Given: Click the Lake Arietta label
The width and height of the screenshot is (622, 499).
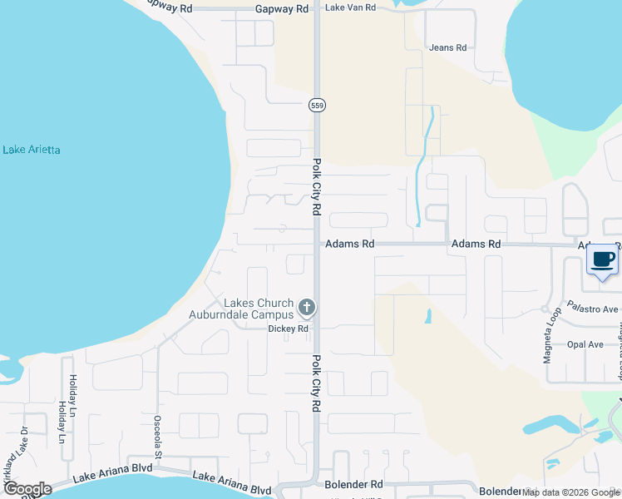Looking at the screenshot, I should click(x=32, y=150).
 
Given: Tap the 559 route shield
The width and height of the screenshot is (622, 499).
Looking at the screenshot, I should click(x=316, y=106).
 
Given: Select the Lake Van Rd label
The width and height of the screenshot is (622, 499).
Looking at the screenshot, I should click(x=350, y=7).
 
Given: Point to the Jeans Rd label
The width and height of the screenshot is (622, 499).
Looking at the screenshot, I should click(x=447, y=47).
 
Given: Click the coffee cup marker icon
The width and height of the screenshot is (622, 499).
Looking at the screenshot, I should click(x=604, y=259).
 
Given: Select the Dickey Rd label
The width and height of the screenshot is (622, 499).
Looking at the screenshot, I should click(x=288, y=329).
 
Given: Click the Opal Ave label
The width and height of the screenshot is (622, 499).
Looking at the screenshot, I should click(x=584, y=344).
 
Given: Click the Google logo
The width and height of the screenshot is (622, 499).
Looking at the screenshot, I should click(x=27, y=489).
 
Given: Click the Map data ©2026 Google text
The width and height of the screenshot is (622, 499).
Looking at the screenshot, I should click(x=570, y=492).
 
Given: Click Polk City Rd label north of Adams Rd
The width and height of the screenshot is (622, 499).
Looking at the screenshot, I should click(x=317, y=187).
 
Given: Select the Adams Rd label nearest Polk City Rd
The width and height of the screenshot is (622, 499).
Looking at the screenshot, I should click(x=350, y=245).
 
